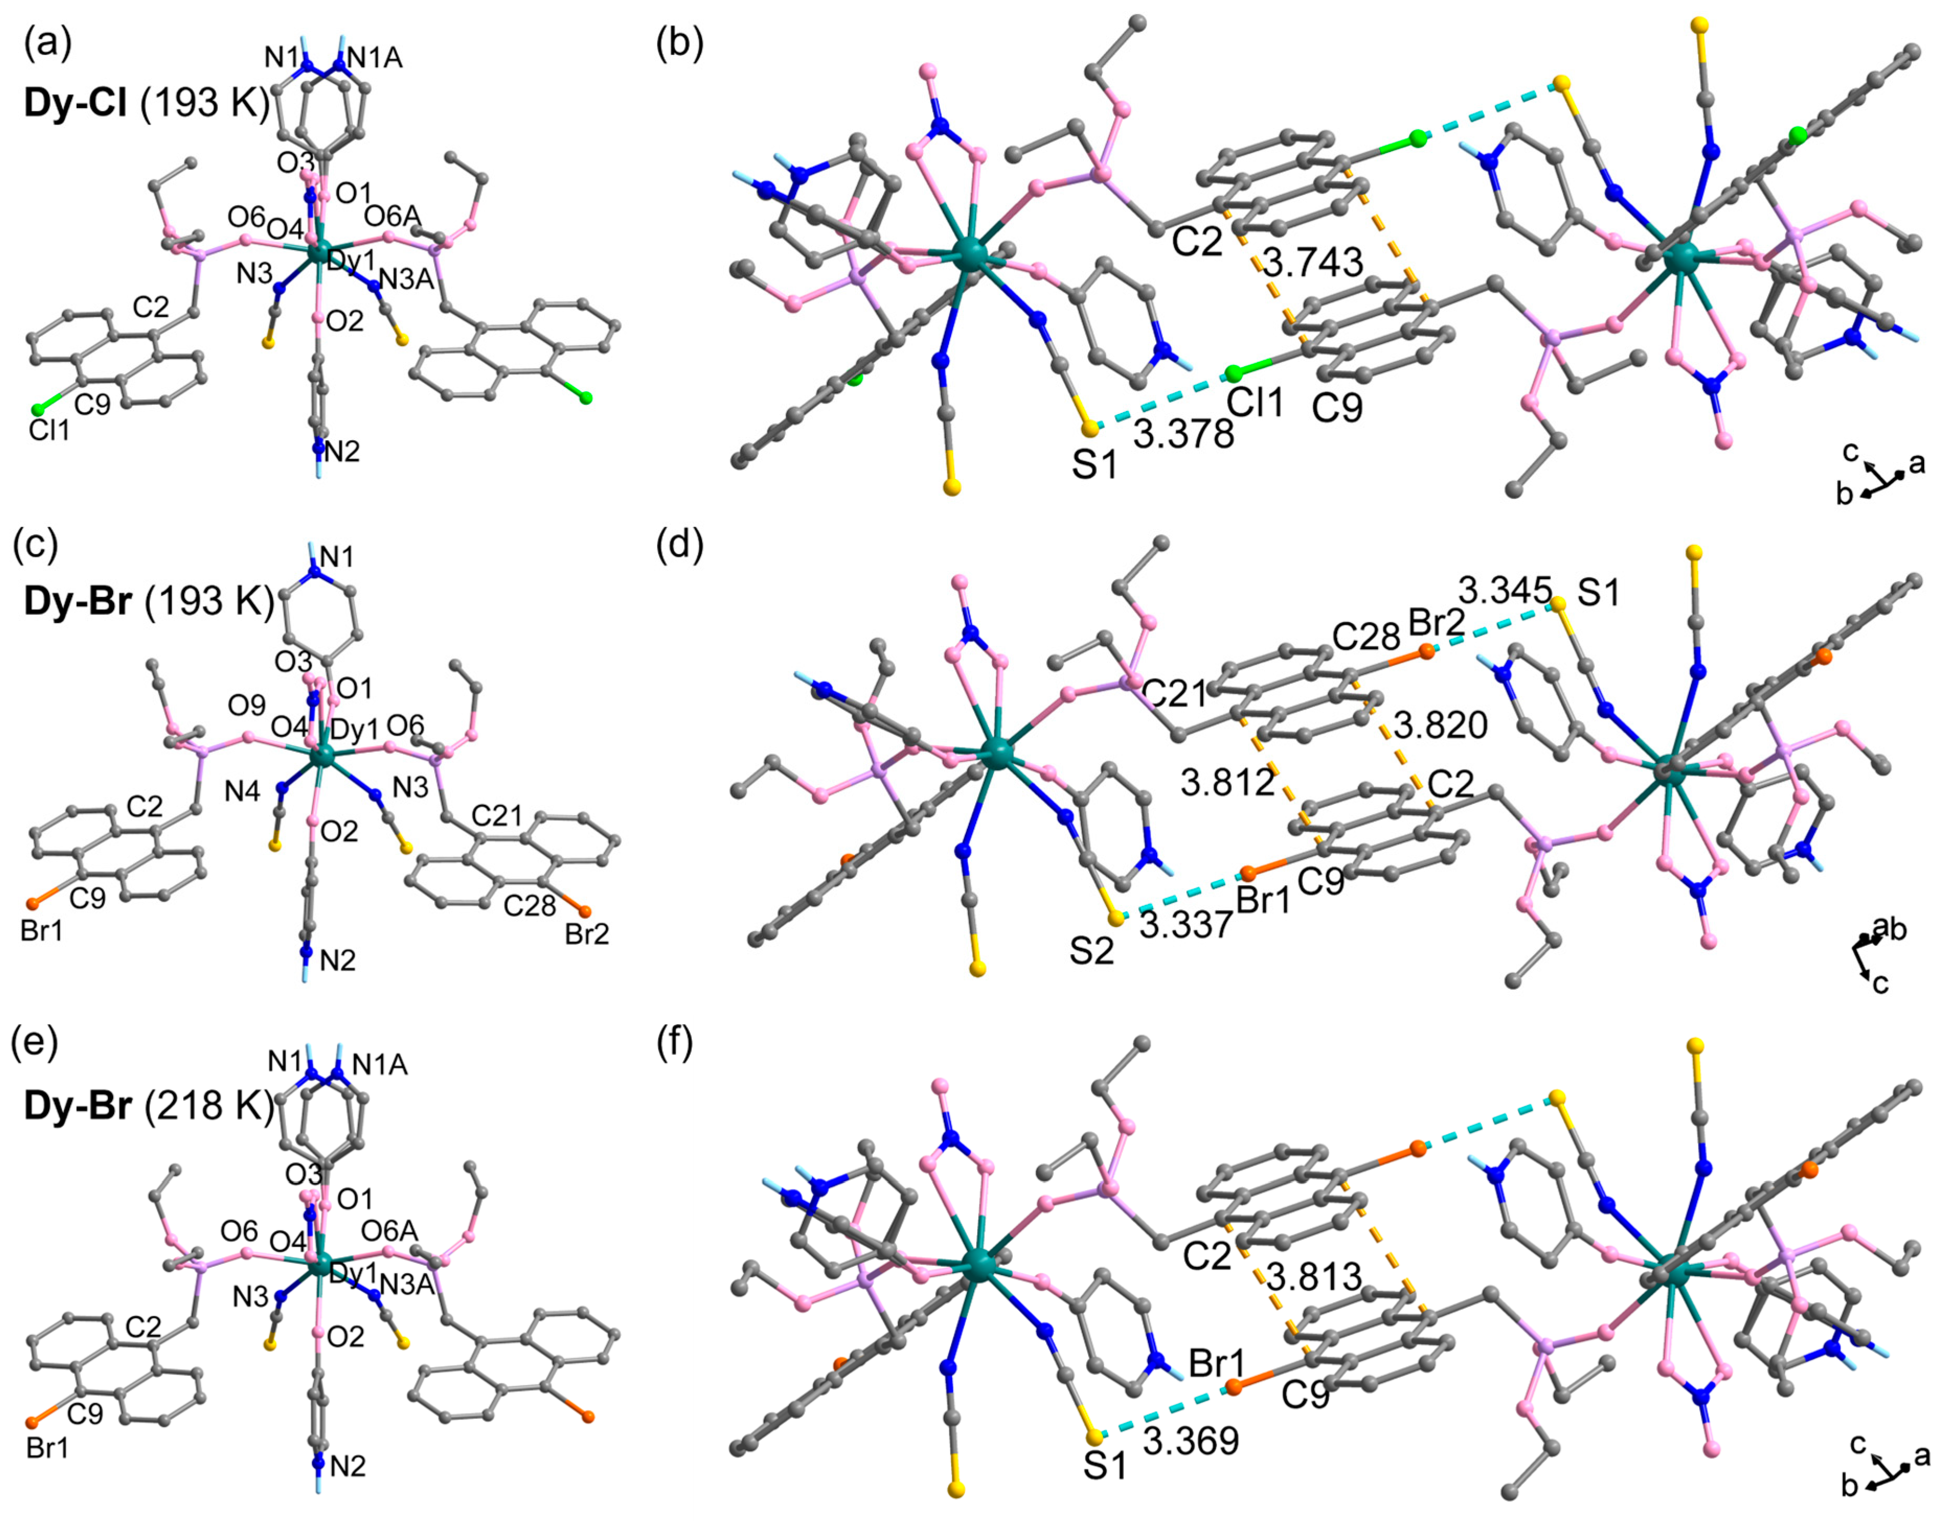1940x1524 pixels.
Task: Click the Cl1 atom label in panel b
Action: [x=1254, y=403]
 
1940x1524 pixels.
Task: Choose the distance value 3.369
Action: [x=1191, y=1441]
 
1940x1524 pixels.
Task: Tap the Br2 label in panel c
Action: [x=587, y=935]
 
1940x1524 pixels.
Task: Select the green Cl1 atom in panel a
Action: [x=38, y=409]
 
